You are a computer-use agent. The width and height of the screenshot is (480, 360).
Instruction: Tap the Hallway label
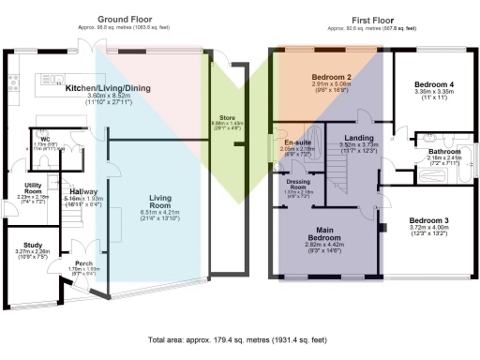[70, 192]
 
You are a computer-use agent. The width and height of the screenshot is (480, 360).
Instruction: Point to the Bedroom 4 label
[433, 84]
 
